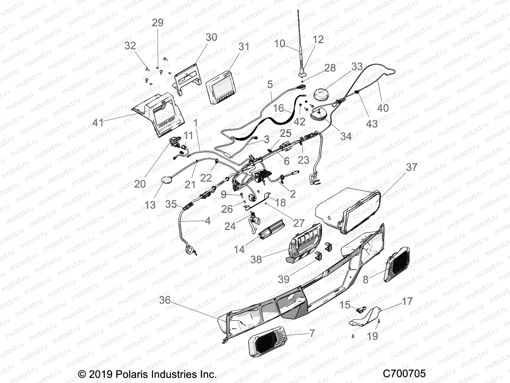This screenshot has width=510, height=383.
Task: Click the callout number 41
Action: click(x=98, y=122)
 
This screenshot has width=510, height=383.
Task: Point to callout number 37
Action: click(x=412, y=167)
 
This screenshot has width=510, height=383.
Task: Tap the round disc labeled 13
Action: click(x=166, y=181)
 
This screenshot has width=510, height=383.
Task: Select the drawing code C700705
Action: click(x=404, y=374)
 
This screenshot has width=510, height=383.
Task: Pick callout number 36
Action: click(x=165, y=300)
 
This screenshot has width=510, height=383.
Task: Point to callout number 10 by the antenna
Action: click(x=280, y=43)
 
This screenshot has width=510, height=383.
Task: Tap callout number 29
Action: click(x=157, y=23)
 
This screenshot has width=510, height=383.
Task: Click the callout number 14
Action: click(x=239, y=249)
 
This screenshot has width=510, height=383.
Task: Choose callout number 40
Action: click(x=382, y=108)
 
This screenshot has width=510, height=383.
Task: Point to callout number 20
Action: click(x=140, y=184)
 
